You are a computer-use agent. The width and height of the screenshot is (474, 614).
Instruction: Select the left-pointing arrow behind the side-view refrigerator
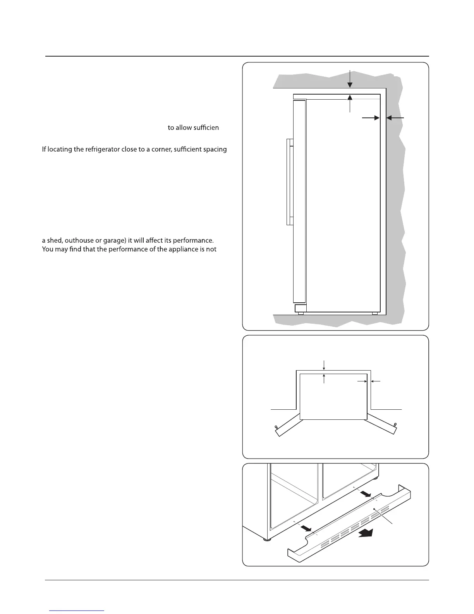click(x=395, y=117)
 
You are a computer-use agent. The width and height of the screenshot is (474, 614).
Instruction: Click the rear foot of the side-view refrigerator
click(x=374, y=313)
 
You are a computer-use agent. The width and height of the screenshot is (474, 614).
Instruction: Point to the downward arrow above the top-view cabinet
click(x=324, y=365)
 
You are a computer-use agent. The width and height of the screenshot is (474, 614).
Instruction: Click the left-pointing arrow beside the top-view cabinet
click(x=376, y=382)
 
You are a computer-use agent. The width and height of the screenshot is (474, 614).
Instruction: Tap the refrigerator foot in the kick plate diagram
click(x=265, y=539)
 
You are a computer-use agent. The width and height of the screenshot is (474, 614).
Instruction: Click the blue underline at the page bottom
click(x=77, y=611)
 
